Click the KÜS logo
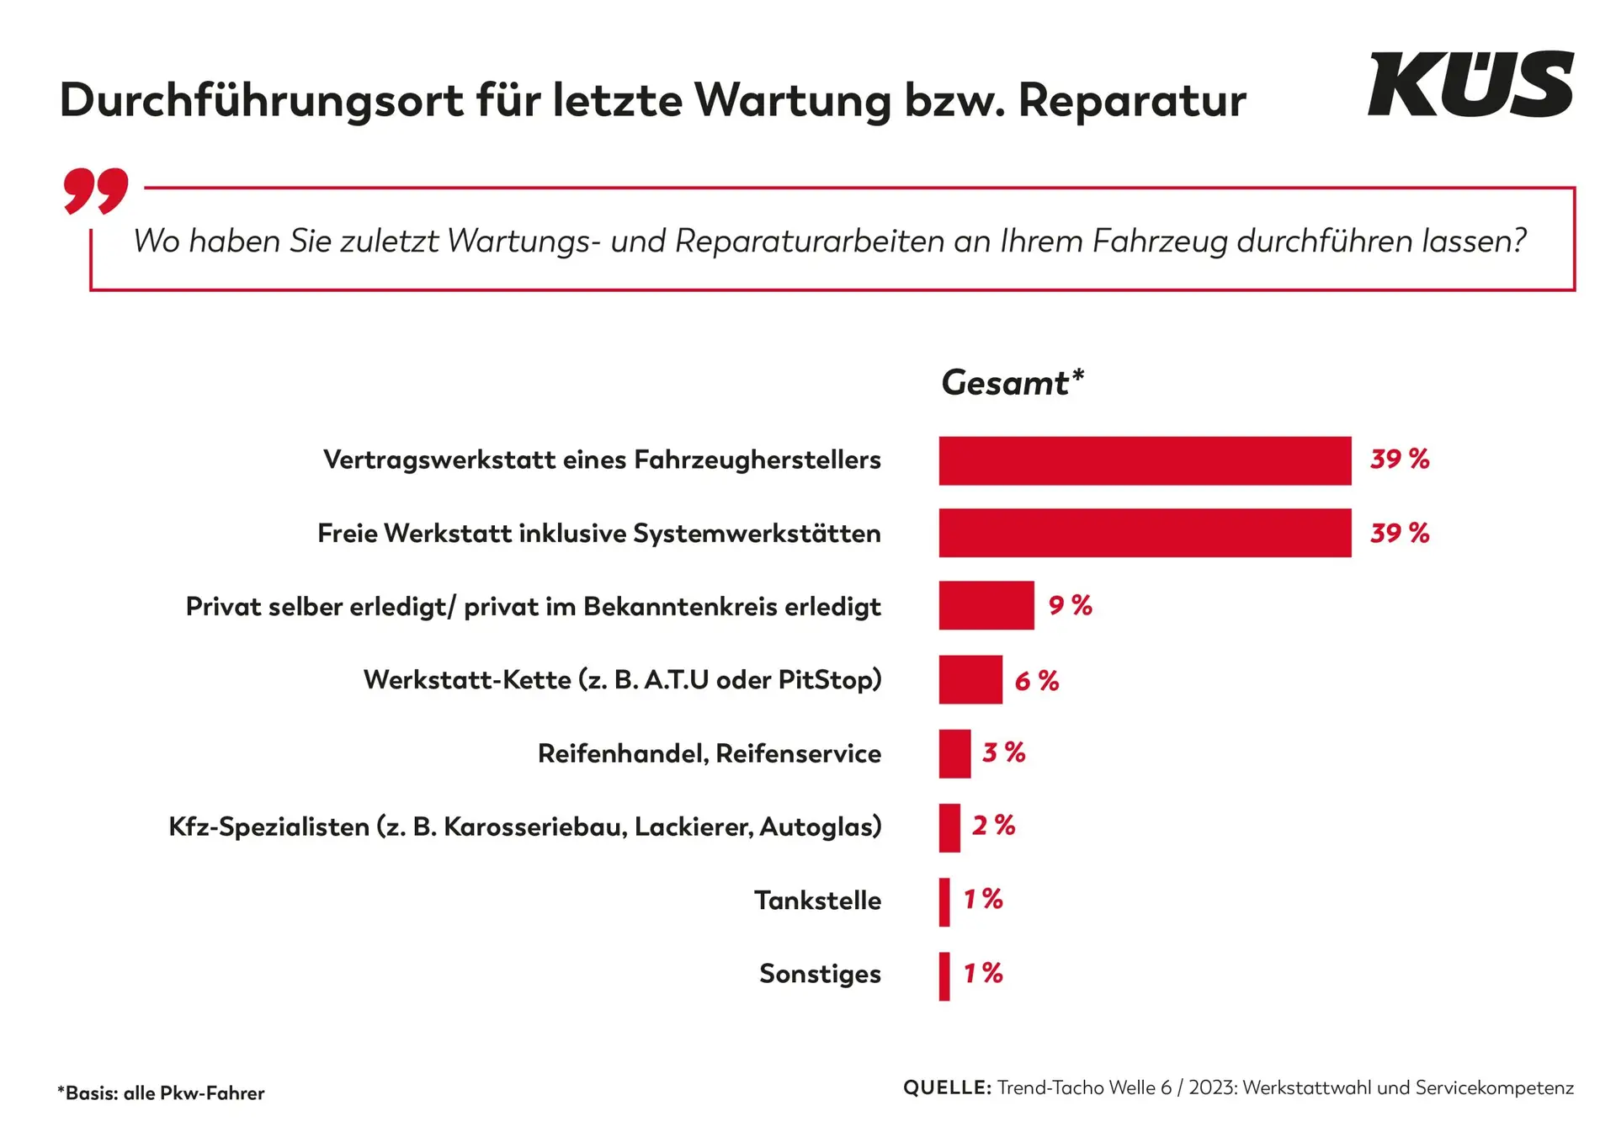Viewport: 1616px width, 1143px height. (1470, 84)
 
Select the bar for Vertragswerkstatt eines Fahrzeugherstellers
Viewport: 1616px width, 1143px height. (1145, 460)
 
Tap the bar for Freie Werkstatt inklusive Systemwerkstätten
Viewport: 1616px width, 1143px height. (1145, 533)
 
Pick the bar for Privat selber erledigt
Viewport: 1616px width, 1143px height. (986, 605)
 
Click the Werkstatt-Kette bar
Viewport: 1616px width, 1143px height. (970, 679)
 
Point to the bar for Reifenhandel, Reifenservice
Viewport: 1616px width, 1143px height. (954, 753)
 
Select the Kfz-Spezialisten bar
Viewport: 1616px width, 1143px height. (949, 827)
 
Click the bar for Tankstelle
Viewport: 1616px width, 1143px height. (944, 901)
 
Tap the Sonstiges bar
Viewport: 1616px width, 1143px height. (944, 976)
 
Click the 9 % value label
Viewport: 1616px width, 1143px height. (1070, 605)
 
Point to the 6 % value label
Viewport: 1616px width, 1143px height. (1036, 680)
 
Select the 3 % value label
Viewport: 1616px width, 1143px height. (1003, 752)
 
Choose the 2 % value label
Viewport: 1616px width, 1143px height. (993, 826)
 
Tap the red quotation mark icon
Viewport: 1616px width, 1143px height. (96, 190)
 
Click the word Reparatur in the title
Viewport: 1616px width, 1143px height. (1131, 101)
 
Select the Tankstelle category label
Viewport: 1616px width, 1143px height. (817, 901)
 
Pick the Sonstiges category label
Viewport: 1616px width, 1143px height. (820, 974)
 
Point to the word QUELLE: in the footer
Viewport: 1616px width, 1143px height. (947, 1087)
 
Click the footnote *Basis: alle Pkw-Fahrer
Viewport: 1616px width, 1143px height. (161, 1093)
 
